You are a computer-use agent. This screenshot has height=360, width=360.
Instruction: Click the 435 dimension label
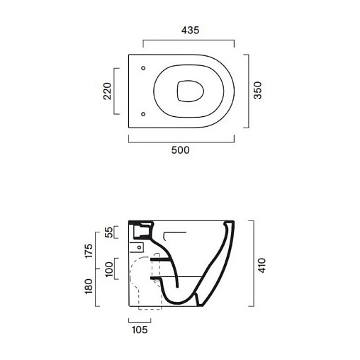190,30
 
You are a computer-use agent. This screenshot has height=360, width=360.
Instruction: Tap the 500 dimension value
180,150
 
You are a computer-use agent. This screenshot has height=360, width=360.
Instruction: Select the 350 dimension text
258,91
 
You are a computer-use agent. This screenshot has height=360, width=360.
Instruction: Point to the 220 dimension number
107,91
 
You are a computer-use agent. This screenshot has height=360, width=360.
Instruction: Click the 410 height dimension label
261,266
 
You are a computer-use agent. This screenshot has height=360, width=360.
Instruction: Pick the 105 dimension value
140,330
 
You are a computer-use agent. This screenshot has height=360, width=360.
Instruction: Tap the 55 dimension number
108,232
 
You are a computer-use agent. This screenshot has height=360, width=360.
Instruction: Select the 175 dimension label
89,251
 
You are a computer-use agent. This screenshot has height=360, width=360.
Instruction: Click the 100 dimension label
109,269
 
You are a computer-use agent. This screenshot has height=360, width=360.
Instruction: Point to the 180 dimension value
89,286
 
